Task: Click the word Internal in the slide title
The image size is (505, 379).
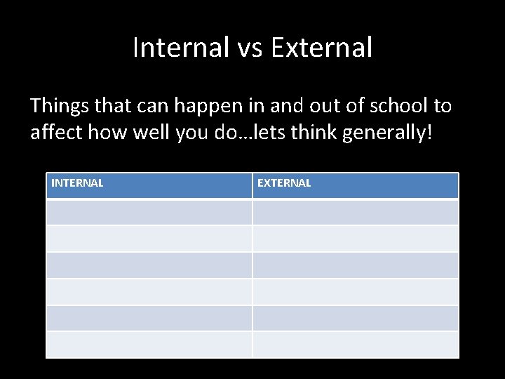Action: pos(180,48)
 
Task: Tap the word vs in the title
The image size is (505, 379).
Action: pos(248,48)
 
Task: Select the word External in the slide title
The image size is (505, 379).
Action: pos(321,48)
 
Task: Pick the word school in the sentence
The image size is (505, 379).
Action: pos(394,106)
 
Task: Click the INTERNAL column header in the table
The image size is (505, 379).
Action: pos(77,183)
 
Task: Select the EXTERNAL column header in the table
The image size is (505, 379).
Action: pos(284,183)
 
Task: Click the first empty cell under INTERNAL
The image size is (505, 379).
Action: pos(149,212)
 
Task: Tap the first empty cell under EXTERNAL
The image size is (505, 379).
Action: pos(355,212)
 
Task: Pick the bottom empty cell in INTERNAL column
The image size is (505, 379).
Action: pos(149,344)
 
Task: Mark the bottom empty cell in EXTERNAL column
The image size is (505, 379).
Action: pos(355,344)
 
